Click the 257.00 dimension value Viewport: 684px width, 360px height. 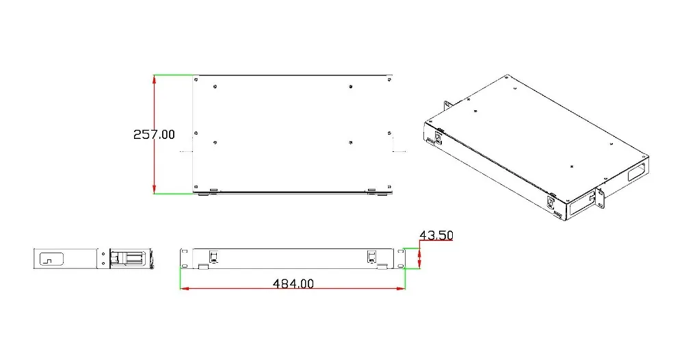coord(154,134)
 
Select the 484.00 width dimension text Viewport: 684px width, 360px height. coord(293,283)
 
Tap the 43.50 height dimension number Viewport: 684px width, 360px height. coord(436,235)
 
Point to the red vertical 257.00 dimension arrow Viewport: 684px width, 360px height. coord(154,134)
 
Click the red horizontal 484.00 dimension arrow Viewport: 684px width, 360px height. coord(293,288)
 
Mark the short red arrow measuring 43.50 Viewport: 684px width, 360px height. coord(420,258)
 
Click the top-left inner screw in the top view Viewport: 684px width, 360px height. coord(215,87)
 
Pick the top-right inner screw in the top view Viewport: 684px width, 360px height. coord(351,87)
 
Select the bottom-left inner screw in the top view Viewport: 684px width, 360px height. coord(215,142)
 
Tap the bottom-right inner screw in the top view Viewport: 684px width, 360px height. coord(351,142)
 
